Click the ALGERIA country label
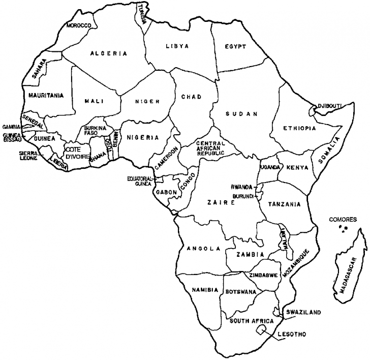pyautogui.click(x=109, y=53)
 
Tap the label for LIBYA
pyautogui.click(x=177, y=46)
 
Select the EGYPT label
pyautogui.click(x=235, y=47)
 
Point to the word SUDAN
pyautogui.click(x=241, y=114)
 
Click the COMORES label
pyautogui.click(x=341, y=220)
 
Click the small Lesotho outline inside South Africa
pyautogui.click(x=262, y=331)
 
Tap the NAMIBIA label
pyautogui.click(x=205, y=290)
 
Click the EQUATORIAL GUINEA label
pyautogui.click(x=140, y=181)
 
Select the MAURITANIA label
pyautogui.click(x=46, y=95)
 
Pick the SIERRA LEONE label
pyautogui.click(x=28, y=155)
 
